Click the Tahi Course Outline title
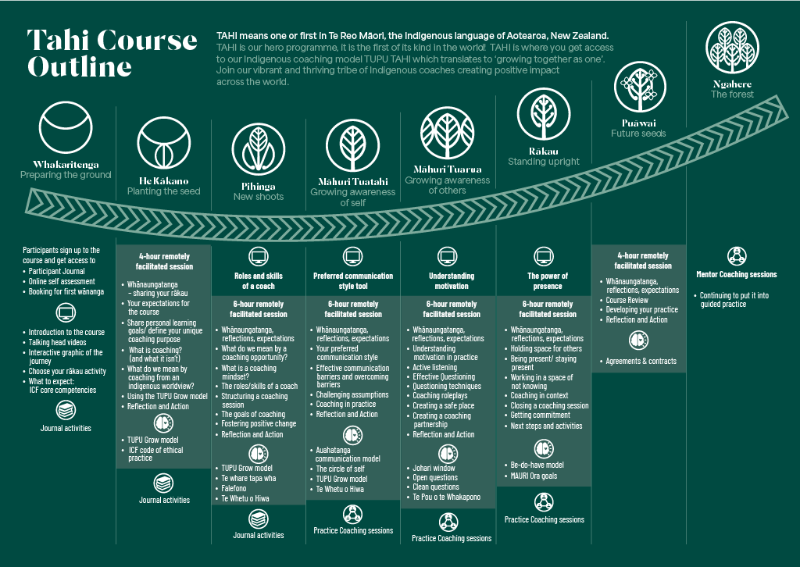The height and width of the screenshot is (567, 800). [112, 53]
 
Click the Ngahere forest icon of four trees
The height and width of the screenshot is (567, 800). [732, 48]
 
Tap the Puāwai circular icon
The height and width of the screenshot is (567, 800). [640, 87]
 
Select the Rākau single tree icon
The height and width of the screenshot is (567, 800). [544, 114]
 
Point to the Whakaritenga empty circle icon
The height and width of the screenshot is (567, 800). [66, 127]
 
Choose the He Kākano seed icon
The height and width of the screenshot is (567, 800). [164, 143]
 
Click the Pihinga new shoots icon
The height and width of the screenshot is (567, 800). [258, 149]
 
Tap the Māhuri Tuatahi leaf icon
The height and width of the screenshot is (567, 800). [352, 145]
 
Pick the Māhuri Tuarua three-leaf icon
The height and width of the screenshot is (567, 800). [448, 133]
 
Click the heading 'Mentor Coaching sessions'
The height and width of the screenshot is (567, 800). [736, 274]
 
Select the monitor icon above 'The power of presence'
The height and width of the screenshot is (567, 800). [544, 256]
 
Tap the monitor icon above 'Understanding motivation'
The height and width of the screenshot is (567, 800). [448, 256]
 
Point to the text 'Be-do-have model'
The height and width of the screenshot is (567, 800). [537, 465]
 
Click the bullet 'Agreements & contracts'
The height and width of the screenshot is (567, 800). [641, 361]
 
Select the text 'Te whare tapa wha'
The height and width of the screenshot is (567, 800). [248, 478]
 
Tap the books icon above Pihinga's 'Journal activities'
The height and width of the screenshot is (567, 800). [259, 519]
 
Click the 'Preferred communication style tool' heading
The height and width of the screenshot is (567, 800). [353, 281]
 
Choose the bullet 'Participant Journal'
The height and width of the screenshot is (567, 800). [56, 271]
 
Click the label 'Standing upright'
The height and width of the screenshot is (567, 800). [544, 162]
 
